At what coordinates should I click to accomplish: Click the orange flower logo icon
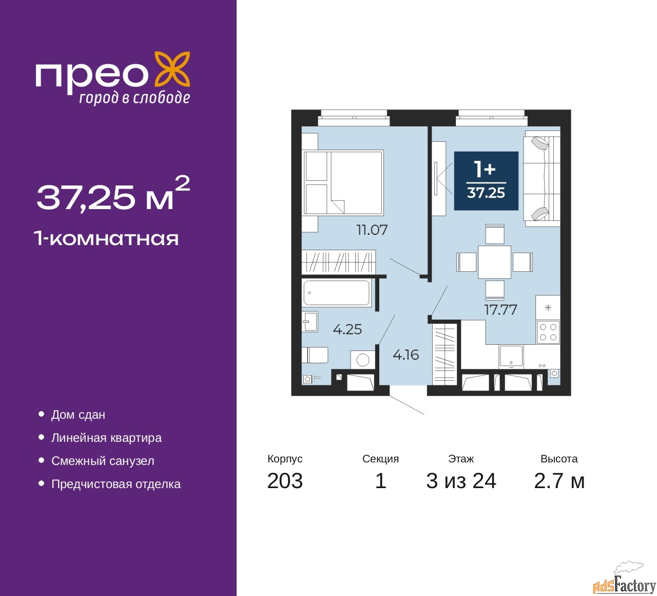pyautogui.click(x=172, y=71)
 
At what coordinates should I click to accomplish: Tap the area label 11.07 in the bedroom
pyautogui.click(x=372, y=230)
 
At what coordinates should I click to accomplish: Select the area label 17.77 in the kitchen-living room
pyautogui.click(x=500, y=309)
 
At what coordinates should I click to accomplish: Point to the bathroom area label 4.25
pyautogui.click(x=347, y=329)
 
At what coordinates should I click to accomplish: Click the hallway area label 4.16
pyautogui.click(x=406, y=355)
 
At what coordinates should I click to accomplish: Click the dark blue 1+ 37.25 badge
pyautogui.click(x=486, y=181)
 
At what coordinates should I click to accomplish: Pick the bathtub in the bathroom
pyautogui.click(x=337, y=293)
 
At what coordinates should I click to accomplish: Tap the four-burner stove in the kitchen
pyautogui.click(x=548, y=332)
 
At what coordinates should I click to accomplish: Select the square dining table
pyautogui.click(x=494, y=262)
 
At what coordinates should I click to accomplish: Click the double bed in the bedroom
pyautogui.click(x=343, y=182)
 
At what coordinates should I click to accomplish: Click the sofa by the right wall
pyautogui.click(x=542, y=178)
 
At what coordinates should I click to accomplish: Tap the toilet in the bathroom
pyautogui.click(x=315, y=355)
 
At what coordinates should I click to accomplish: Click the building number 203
pyautogui.click(x=285, y=481)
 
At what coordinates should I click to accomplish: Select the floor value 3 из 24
pyautogui.click(x=461, y=481)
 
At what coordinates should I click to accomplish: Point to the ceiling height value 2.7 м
pyautogui.click(x=559, y=481)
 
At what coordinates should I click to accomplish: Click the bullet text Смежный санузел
pyautogui.click(x=103, y=461)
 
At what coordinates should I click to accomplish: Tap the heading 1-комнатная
pyautogui.click(x=107, y=239)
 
